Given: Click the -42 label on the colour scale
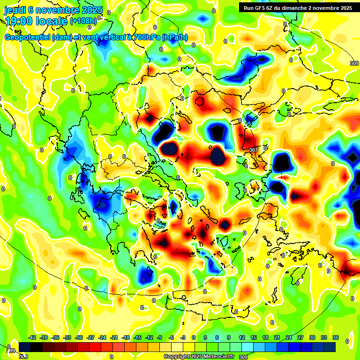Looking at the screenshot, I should click(x=32, y=337).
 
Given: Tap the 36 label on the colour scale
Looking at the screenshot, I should click(x=336, y=337).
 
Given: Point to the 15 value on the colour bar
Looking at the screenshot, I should click(x=254, y=337).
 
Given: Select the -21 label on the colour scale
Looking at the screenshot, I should click(x=114, y=337).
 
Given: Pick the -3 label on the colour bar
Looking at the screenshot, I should click(x=183, y=337).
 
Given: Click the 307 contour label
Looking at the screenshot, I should click(x=254, y=150).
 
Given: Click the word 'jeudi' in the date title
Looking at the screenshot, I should click(x=15, y=10).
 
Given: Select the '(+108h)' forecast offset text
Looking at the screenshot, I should click(x=83, y=21).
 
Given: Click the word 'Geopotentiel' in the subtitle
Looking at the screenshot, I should click(x=27, y=37).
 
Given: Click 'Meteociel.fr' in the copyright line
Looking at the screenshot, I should click(x=217, y=357).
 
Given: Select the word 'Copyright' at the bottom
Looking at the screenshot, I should click(x=177, y=357).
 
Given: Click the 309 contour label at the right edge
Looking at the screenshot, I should click(x=354, y=63).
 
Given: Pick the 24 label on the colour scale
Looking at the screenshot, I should click(x=289, y=337).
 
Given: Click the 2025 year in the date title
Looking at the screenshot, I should click(x=92, y=10).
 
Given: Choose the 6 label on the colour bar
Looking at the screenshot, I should click(x=217, y=337).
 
